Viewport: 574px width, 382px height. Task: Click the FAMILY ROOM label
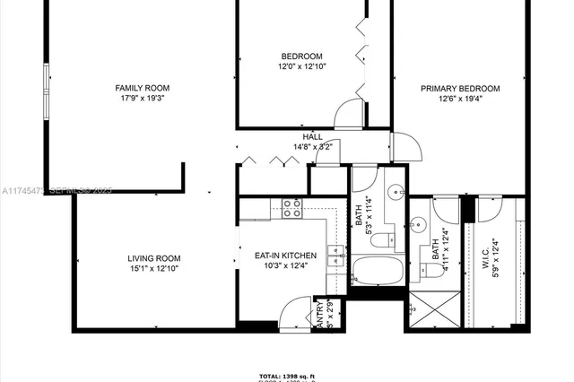[x=143, y=88]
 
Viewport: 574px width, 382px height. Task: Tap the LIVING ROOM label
[x=154, y=258]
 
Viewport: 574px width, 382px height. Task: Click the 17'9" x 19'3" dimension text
[x=143, y=98]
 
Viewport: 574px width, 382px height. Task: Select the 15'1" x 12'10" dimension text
[x=154, y=268]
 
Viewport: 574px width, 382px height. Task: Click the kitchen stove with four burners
[x=292, y=209]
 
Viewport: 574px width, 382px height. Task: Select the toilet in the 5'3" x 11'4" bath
[x=378, y=240]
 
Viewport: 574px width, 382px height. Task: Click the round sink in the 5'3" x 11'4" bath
[x=395, y=191]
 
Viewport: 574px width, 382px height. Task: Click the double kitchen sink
[x=335, y=257]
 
